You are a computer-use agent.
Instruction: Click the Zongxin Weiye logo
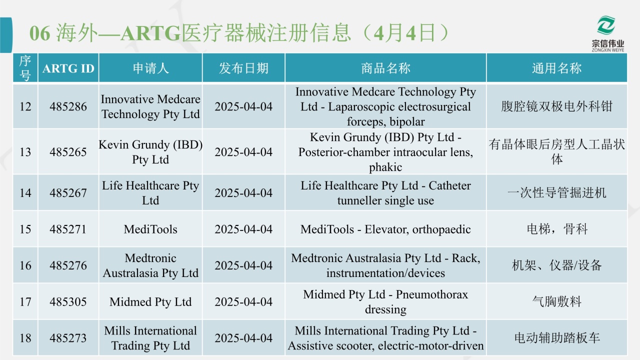point(607,33)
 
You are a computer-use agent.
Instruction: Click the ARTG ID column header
point(68,68)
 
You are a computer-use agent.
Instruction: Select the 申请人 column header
point(150,68)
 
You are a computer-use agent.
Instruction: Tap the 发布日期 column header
point(243,68)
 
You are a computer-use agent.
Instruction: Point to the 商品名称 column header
point(385,68)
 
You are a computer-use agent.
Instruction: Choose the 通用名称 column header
point(556,68)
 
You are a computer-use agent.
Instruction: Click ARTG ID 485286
point(68,106)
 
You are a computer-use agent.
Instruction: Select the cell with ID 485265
point(68,152)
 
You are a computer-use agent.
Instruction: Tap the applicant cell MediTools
point(150,229)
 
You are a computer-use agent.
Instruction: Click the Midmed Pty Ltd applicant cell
point(150,301)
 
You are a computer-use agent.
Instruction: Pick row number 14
point(25,193)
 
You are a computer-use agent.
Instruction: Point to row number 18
point(25,338)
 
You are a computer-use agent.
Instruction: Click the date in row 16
point(243,265)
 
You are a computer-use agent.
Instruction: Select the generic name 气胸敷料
point(556,301)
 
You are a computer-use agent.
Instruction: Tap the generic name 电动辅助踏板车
point(556,338)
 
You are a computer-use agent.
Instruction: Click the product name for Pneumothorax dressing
point(385,301)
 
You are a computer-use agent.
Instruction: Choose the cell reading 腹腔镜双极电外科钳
point(556,106)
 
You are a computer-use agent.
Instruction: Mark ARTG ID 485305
point(68,301)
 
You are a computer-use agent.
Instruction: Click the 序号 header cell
point(25,68)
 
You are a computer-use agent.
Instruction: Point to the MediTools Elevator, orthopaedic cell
point(385,229)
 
